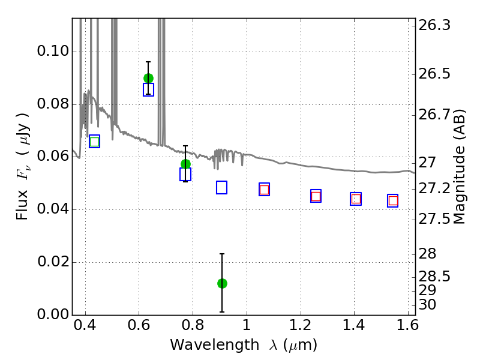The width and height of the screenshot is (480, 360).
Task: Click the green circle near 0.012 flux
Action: tap(222, 283)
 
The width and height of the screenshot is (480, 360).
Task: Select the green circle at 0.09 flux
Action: tap(148, 79)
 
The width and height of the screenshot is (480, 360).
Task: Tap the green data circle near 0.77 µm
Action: tap(185, 164)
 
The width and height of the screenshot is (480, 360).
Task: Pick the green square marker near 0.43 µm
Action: tap(95, 142)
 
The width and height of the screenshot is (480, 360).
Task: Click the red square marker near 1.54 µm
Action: tap(393, 201)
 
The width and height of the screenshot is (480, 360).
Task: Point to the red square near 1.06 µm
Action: tap(264, 190)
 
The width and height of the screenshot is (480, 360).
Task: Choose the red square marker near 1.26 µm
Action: tap(316, 196)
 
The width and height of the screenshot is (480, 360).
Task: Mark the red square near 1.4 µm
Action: tap(356, 199)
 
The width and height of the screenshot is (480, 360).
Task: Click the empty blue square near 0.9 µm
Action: tap(221, 188)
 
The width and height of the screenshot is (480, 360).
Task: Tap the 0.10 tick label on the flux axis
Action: tap(53, 51)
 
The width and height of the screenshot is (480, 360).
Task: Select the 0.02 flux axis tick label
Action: tap(53, 262)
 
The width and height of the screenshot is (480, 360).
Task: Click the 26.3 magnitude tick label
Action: tap(434, 25)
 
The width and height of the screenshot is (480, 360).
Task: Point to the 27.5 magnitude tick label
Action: tap(434, 219)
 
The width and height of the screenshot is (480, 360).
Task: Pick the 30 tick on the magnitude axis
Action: tap(427, 305)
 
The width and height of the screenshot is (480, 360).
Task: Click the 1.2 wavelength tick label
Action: tap(301, 325)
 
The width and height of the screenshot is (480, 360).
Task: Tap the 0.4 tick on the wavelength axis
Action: tap(85, 325)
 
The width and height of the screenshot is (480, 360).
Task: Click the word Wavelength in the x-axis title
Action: tap(215, 345)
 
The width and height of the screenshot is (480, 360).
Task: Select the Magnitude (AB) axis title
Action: tap(458, 167)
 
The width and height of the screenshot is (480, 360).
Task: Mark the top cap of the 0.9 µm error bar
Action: tap(222, 254)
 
